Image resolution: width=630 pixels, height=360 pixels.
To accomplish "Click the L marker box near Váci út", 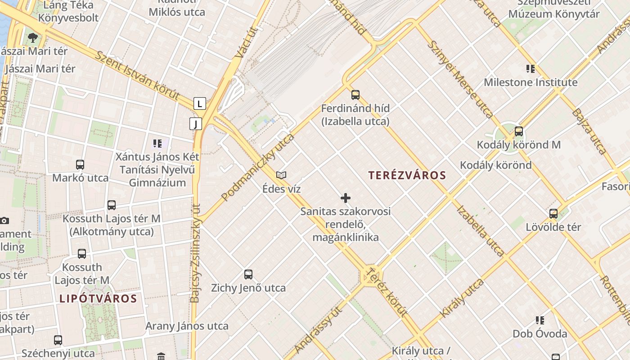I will pyautogui.click(x=199, y=103).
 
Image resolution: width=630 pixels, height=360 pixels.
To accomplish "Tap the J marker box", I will pyautogui.click(x=196, y=124).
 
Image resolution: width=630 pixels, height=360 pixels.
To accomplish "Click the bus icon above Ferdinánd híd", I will pyautogui.click(x=355, y=94).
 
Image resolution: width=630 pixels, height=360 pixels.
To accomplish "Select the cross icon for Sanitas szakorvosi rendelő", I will pyautogui.click(x=346, y=198).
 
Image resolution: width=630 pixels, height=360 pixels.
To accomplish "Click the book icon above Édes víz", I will pyautogui.click(x=281, y=175).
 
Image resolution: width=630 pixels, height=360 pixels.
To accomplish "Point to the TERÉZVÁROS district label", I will pyautogui.click(x=407, y=175).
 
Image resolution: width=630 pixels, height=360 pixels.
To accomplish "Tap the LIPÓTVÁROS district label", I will pyautogui.click(x=98, y=298).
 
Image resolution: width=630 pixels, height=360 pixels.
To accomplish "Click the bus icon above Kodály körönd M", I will pyautogui.click(x=519, y=131).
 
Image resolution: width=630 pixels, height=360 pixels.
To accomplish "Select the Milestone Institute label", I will pyautogui.click(x=531, y=82).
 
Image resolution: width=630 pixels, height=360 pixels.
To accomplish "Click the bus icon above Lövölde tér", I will pyautogui.click(x=553, y=213).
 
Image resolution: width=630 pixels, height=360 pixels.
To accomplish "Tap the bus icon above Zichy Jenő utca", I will pyautogui.click(x=248, y=274).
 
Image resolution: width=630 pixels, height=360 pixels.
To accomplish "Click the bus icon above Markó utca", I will pyautogui.click(x=80, y=164).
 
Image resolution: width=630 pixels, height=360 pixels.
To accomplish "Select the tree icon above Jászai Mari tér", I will pyautogui.click(x=32, y=37).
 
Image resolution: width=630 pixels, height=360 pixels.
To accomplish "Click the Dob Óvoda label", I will pyautogui.click(x=540, y=334).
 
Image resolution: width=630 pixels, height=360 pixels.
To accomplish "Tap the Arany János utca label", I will pyautogui.click(x=187, y=326).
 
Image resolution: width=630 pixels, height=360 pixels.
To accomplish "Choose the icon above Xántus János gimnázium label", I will pyautogui.click(x=157, y=144).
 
